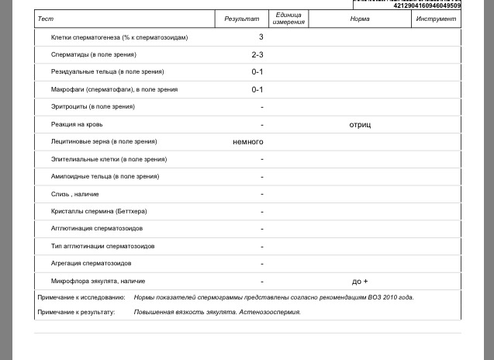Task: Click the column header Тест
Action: pyautogui.click(x=46, y=19)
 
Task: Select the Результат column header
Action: pyautogui.click(x=242, y=19)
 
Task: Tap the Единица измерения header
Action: pyautogui.click(x=288, y=19)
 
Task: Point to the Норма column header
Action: pyautogui.click(x=360, y=19)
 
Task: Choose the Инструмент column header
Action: pyautogui.click(x=436, y=19)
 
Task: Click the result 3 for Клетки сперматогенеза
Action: pyautogui.click(x=261, y=37)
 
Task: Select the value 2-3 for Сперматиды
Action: pyautogui.click(x=257, y=55)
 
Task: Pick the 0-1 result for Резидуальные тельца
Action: pyautogui.click(x=257, y=72)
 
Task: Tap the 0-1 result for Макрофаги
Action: pyautogui.click(x=257, y=89)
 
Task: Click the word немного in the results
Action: pyautogui.click(x=248, y=142)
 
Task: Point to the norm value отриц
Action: pyautogui.click(x=360, y=124)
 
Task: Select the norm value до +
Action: pyautogui.click(x=360, y=282)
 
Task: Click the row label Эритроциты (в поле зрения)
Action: pyautogui.click(x=93, y=107)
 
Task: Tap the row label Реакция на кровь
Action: pyautogui.click(x=77, y=124)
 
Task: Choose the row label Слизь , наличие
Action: pyautogui.click(x=75, y=194)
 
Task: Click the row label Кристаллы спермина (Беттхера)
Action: pyautogui.click(x=98, y=211)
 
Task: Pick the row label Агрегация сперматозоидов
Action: pyautogui.click(x=91, y=264)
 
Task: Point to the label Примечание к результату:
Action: pyautogui.click(x=76, y=312)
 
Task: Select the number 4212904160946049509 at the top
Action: pyautogui.click(x=427, y=5)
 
